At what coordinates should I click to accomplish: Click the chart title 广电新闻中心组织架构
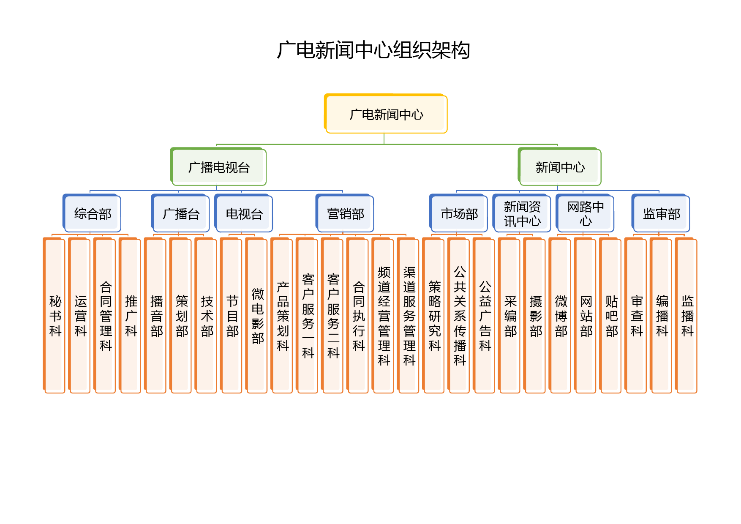pyautogui.click(x=373, y=50)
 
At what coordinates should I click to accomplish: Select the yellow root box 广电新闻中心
pyautogui.click(x=386, y=114)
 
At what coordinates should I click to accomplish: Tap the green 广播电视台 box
pyautogui.click(x=218, y=167)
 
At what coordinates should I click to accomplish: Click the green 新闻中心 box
pyautogui.click(x=560, y=167)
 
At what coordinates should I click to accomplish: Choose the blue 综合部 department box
pyautogui.click(x=92, y=213)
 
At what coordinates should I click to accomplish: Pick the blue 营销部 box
pyautogui.click(x=345, y=213)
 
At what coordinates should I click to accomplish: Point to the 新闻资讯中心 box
pyautogui.click(x=522, y=213)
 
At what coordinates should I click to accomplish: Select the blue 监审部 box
pyautogui.click(x=661, y=213)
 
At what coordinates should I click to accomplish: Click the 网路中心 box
pyautogui.click(x=585, y=213)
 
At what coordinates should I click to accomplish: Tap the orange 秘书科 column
pyautogui.click(x=54, y=316)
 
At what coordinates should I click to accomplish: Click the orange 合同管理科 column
pyautogui.click(x=105, y=316)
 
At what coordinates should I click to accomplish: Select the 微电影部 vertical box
pyautogui.click(x=256, y=316)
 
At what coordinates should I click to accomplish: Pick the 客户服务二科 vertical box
pyautogui.click(x=332, y=316)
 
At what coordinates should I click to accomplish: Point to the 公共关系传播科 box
pyautogui.click(x=458, y=316)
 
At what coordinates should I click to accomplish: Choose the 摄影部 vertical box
pyautogui.click(x=534, y=316)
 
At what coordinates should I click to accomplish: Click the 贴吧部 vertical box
pyautogui.click(x=610, y=316)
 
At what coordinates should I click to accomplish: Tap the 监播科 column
pyautogui.click(x=686, y=316)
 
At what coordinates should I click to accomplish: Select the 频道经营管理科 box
pyautogui.click(x=383, y=316)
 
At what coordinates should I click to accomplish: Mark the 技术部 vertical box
pyautogui.click(x=206, y=316)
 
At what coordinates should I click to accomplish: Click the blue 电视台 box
pyautogui.click(x=244, y=213)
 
